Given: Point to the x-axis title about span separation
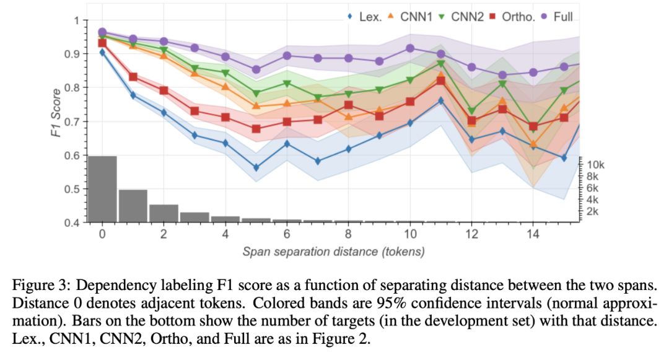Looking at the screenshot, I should [x=334, y=252].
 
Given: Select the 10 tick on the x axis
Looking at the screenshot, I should [x=409, y=235].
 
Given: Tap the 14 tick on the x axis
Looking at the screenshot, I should [x=533, y=235].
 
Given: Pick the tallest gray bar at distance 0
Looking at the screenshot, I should [x=102, y=189].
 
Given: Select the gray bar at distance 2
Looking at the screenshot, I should [x=164, y=213].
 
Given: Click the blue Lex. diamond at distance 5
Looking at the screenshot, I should [x=256, y=168].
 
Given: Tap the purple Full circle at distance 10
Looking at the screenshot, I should [x=409, y=48].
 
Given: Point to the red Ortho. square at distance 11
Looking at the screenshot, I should [x=440, y=81].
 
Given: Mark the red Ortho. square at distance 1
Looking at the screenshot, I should [x=133, y=77].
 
